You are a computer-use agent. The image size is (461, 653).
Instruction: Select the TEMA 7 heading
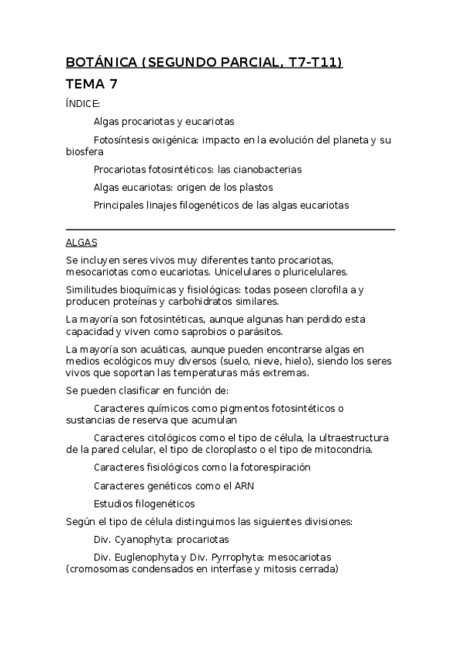pos(92,84)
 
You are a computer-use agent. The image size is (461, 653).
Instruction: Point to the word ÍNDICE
pos(83,103)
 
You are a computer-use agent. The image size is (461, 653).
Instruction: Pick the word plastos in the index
pos(256,187)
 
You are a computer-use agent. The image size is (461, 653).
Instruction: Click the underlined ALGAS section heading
pos(82,242)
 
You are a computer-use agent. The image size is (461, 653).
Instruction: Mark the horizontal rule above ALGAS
pos(231,229)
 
